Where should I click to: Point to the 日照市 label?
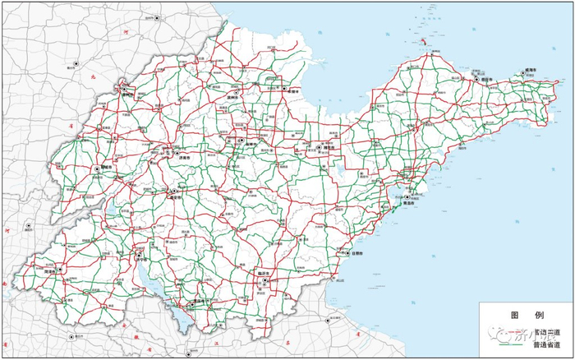pos(356,253)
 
